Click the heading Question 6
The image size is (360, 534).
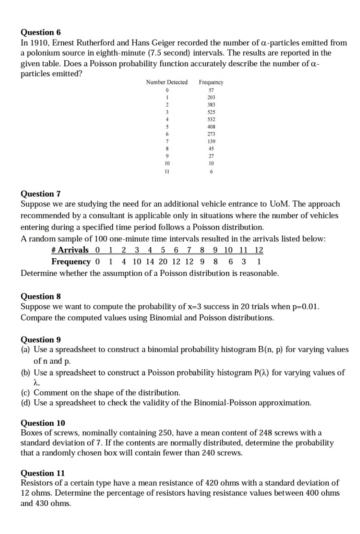(40, 32)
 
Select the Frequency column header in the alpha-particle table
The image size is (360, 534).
(211, 82)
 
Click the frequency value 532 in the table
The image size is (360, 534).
(211, 119)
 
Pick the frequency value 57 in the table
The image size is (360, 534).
(211, 90)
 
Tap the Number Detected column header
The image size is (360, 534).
(167, 82)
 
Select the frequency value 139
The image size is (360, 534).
(211, 142)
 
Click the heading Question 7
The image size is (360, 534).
(40, 194)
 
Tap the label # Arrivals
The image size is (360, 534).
(70, 250)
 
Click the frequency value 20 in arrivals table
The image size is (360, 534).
(163, 262)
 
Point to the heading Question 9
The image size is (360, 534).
(40, 340)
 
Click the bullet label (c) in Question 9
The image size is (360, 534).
(26, 392)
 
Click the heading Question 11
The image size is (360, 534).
(42, 473)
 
